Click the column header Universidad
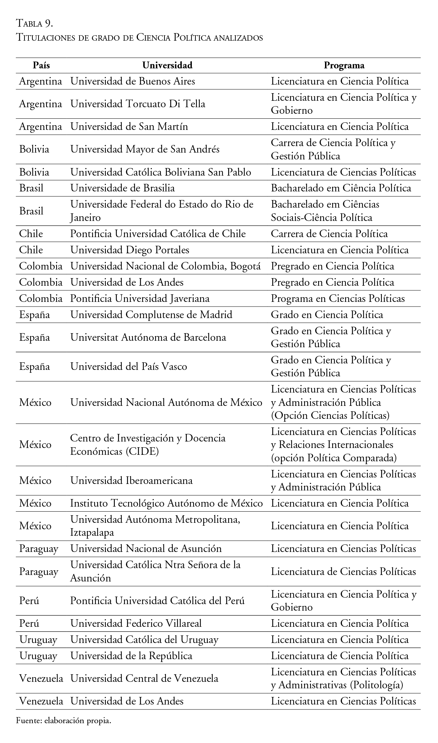point(167,65)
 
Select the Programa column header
point(344,65)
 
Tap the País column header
point(41,65)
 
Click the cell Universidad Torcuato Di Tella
point(138,104)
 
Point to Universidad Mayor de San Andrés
point(145,149)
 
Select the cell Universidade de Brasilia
point(122,188)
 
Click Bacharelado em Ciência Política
point(341,188)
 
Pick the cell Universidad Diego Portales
point(130,250)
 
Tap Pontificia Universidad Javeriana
point(140,299)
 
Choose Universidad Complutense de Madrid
point(151,315)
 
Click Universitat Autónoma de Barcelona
point(148,337)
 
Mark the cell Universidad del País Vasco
point(128,367)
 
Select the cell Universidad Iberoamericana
point(131,481)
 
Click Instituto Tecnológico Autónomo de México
point(166,503)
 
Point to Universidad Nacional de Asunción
point(146,549)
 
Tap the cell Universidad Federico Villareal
point(136,623)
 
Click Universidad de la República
point(131,656)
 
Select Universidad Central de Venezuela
point(144,678)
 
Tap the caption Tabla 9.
point(35,24)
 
